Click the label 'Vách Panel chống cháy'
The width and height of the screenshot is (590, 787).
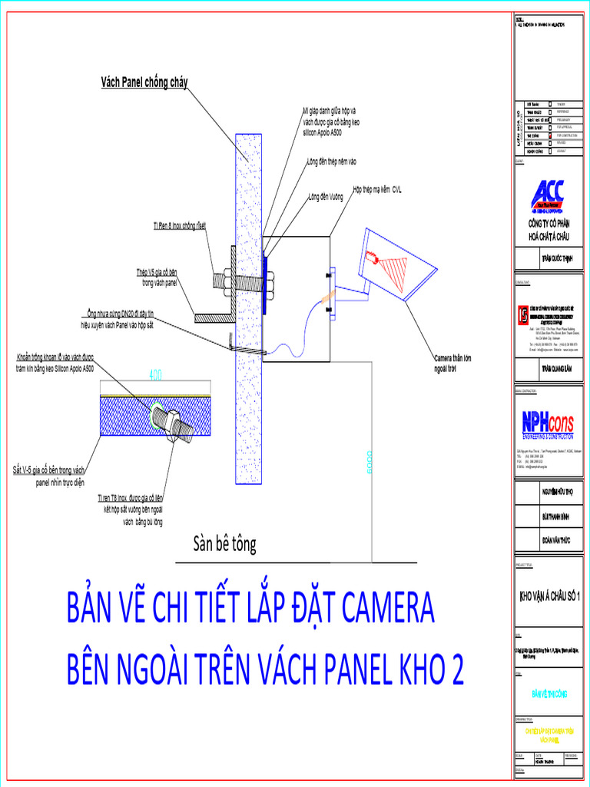pyautogui.click(x=144, y=81)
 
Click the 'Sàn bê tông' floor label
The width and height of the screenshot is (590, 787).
pyautogui.click(x=224, y=545)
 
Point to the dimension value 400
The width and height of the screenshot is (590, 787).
pyautogui.click(x=155, y=375)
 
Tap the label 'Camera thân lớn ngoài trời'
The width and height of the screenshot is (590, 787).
pyautogui.click(x=452, y=363)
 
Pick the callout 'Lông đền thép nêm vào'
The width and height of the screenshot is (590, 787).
pyautogui.click(x=332, y=161)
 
